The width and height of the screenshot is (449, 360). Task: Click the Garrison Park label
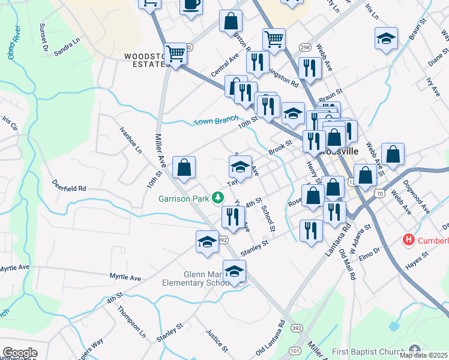tap(184, 198)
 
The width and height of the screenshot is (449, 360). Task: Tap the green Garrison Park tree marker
tap(218, 197)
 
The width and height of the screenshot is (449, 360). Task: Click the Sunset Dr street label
tap(43, 37)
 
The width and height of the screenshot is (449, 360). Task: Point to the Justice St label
tap(216, 340)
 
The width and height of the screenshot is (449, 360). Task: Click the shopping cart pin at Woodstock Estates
tap(176, 54)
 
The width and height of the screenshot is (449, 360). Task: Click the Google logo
tap(20, 353)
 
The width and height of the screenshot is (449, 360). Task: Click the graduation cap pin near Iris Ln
tap(385, 40)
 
